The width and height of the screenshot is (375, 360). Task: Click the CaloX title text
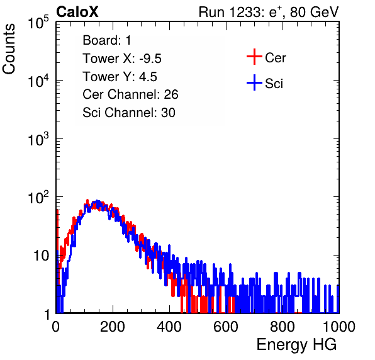point(77,12)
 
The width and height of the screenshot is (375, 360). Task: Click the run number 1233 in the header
point(247,12)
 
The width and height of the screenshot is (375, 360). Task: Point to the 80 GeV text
point(315,12)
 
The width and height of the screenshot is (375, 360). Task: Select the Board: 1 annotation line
point(107,40)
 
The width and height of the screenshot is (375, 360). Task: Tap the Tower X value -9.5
point(150,59)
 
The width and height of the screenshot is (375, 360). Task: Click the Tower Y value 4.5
point(148,77)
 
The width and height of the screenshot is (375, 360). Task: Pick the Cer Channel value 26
point(171,94)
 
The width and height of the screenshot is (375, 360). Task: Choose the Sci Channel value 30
point(168,113)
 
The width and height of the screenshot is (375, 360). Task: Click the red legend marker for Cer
point(254,57)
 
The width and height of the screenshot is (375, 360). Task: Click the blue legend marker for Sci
point(254,82)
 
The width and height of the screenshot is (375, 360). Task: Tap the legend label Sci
point(274,84)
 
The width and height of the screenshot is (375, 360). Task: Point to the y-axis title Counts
point(9,49)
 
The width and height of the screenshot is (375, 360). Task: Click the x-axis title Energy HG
point(297,345)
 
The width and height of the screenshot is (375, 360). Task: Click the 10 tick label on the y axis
point(42,256)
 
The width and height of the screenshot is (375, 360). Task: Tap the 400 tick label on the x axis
point(169,327)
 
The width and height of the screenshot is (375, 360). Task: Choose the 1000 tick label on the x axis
point(339,327)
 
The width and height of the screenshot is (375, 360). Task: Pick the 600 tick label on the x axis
point(226,327)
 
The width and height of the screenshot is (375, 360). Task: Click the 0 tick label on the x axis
point(56,327)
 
